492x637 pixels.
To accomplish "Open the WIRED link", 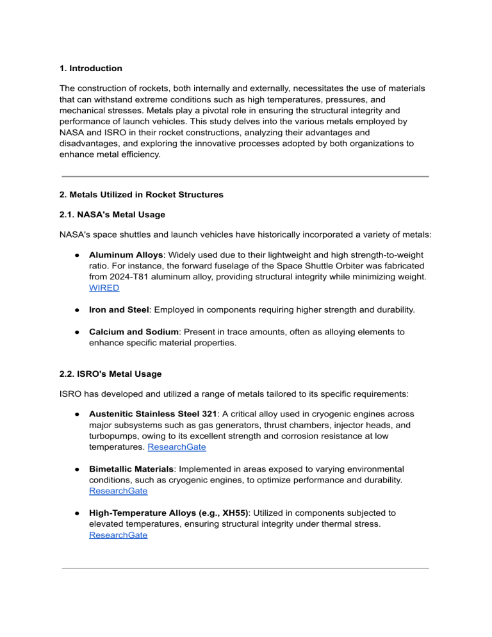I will click(104, 288).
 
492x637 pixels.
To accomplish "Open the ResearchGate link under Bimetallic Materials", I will click(118, 491).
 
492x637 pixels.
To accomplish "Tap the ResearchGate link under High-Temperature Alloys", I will click(118, 534).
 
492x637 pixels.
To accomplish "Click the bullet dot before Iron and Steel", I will click(76, 310).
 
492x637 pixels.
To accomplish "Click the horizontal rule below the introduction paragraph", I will click(245, 176).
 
